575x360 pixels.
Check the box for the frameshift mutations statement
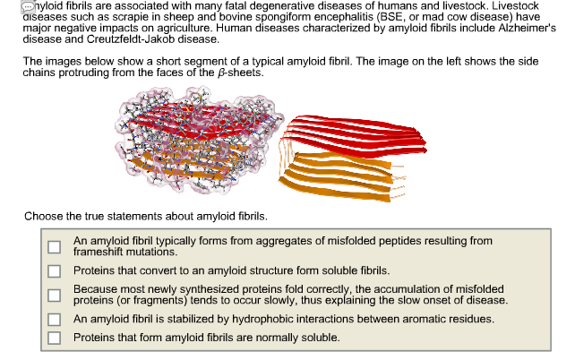point(55,247)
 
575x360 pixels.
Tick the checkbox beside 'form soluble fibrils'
point(55,271)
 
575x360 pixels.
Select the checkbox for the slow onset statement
point(55,296)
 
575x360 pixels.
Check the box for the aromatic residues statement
point(55,320)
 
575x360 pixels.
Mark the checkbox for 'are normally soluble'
point(55,338)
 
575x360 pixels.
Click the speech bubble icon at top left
point(28,6)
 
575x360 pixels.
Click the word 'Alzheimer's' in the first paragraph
point(527,29)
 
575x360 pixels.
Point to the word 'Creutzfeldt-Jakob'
point(131,39)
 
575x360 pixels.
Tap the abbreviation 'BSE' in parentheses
point(390,17)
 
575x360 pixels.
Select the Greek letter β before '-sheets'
point(220,73)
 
